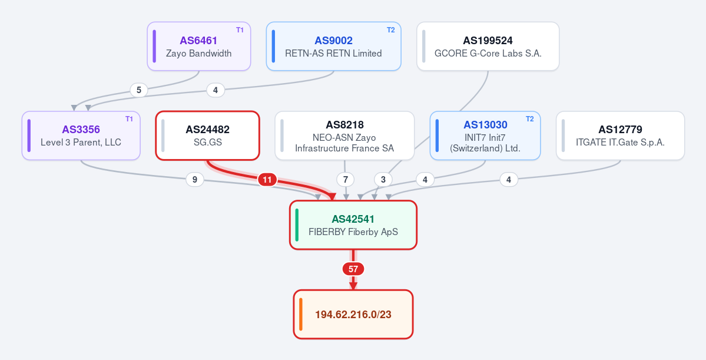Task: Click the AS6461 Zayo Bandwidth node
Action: point(198,47)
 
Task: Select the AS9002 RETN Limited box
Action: point(334,47)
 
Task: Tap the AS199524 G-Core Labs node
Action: point(488,47)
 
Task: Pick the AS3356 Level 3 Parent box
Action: point(81,136)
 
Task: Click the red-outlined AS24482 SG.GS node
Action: point(208,136)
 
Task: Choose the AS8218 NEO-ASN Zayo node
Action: point(344,136)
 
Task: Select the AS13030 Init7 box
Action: point(485,136)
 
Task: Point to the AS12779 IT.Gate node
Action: point(621,136)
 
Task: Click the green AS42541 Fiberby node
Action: point(353,225)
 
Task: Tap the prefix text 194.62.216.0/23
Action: point(353,315)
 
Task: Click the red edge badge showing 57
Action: point(353,269)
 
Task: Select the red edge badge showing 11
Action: point(267,180)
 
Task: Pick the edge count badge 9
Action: point(194,179)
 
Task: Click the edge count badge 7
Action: point(346,179)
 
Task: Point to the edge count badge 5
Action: point(139,90)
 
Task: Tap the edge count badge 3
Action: point(383,179)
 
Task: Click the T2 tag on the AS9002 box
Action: point(391,30)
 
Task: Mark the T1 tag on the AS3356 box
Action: point(129,120)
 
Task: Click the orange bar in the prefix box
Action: point(300,315)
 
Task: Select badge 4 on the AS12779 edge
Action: point(509,180)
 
